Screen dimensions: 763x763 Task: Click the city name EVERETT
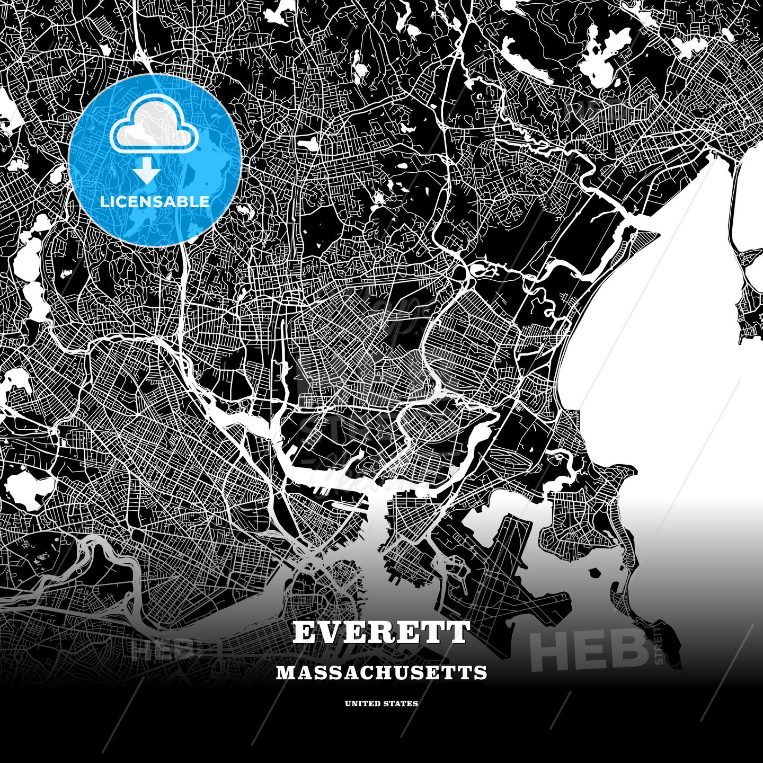point(381,632)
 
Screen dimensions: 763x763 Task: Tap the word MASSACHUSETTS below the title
point(381,672)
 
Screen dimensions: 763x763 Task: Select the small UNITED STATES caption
point(381,704)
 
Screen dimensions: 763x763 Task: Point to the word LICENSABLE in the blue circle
point(155,201)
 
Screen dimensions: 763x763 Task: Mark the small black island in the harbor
point(594,573)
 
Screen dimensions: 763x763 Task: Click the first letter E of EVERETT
point(304,632)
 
